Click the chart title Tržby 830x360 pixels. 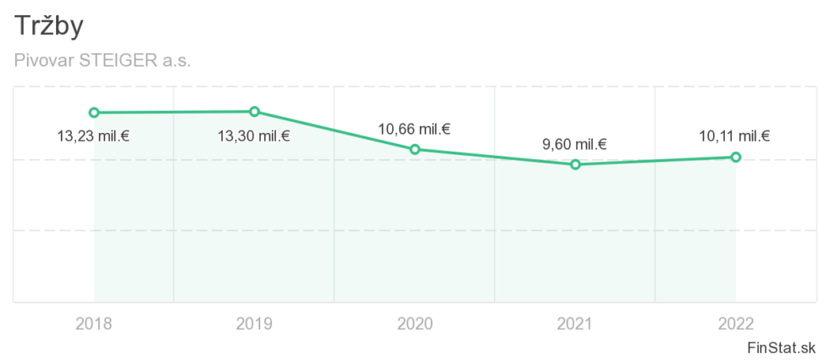click(49, 26)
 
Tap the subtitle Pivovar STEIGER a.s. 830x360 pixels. click(102, 61)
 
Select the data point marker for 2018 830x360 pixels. click(94, 113)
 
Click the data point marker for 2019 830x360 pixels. click(254, 112)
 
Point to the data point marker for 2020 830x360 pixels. click(415, 149)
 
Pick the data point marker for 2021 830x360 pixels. click(575, 164)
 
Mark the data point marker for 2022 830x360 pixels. click(736, 157)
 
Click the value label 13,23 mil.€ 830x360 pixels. click(93, 135)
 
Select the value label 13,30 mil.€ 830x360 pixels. click(253, 135)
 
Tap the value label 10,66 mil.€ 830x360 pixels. click(414, 130)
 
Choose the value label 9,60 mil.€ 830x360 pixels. click(575, 145)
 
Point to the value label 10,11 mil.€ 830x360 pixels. click(734, 136)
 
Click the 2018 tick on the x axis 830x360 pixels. click(94, 323)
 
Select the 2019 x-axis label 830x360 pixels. click(254, 323)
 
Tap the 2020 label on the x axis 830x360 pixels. click(415, 323)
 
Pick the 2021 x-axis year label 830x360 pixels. click(575, 323)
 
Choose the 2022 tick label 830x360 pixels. click(735, 323)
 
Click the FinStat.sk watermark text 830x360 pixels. click(782, 347)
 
